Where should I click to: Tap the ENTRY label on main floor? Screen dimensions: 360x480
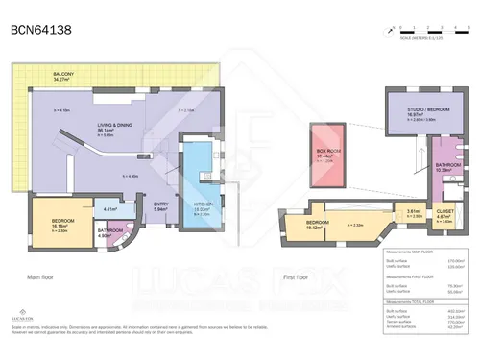click(x=161, y=204)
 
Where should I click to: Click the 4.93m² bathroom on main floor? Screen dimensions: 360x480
click(x=109, y=231)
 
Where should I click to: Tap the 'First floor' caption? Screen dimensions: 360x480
click(x=299, y=276)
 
